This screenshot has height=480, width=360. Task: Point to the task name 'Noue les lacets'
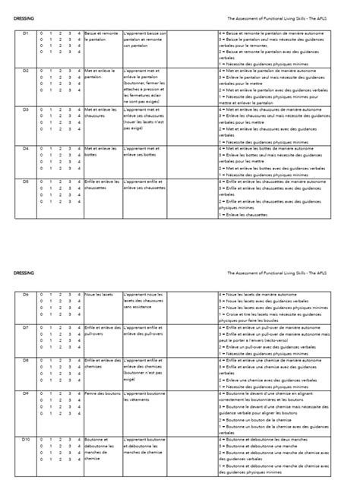pyautogui.click(x=99, y=294)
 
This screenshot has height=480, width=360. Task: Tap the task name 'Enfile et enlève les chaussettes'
pyautogui.click(x=102, y=185)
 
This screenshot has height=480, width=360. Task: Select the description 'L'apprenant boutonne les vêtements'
pyautogui.click(x=144, y=397)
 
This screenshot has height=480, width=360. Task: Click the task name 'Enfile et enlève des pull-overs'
pyautogui.click(x=102, y=330)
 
